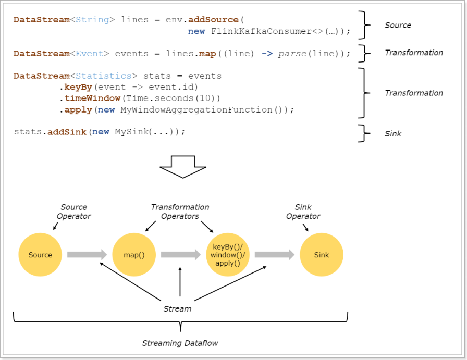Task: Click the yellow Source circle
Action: coord(40,255)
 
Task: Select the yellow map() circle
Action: coord(134,255)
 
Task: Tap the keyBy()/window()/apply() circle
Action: coord(228,255)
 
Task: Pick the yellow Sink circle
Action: coord(322,255)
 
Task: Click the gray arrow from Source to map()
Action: coord(87,255)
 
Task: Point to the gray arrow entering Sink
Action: coord(274,255)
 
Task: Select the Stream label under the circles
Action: coord(177,308)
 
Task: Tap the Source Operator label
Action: coord(73,212)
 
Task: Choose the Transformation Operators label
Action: coord(180,212)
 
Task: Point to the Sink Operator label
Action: coord(303,212)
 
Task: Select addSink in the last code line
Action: coord(68,132)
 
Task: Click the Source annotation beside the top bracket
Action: coord(398,25)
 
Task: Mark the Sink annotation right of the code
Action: coord(393,134)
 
